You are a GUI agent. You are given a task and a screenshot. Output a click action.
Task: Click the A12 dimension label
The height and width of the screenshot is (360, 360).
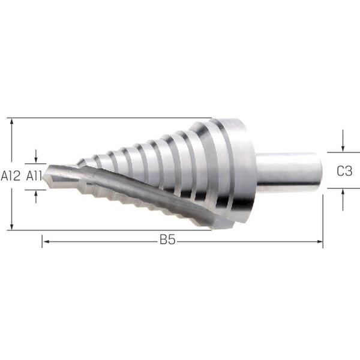[11, 176]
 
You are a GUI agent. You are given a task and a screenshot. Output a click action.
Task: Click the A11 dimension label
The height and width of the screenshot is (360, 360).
[34, 176]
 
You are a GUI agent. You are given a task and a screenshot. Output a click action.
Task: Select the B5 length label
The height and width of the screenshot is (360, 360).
[167, 239]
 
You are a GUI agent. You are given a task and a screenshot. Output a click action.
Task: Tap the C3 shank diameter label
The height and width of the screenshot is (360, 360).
[344, 171]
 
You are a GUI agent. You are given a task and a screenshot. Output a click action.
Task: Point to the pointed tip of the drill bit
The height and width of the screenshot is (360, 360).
[44, 177]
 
